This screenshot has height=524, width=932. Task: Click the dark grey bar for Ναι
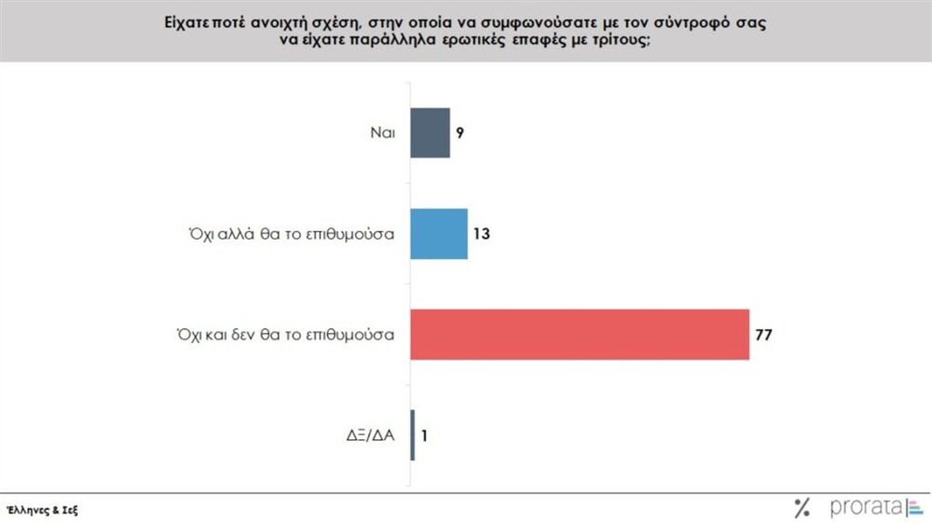[431, 133]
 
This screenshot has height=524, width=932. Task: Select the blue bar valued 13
[439, 233]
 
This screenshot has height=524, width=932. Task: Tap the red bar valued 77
[580, 333]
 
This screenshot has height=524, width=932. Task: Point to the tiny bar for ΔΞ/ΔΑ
[413, 434]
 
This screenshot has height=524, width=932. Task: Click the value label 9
[460, 133]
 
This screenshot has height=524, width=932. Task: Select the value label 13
[481, 233]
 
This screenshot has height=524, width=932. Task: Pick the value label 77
[764, 333]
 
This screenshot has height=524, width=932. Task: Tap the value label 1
[425, 434]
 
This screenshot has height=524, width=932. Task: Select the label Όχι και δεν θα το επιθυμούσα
[282, 333]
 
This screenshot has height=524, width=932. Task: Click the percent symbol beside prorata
[802, 508]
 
